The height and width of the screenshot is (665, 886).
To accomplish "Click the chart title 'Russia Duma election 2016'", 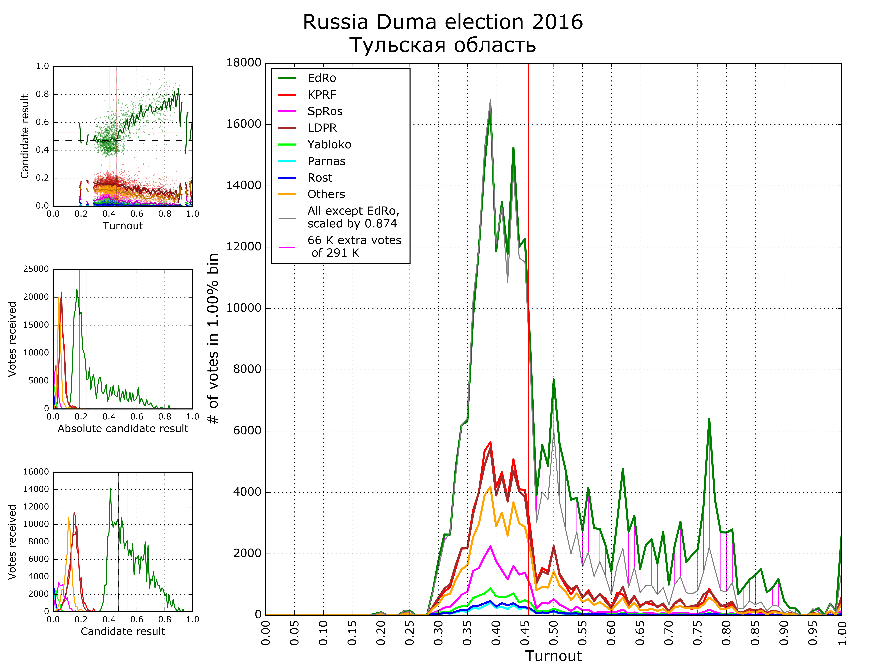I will click(443, 22).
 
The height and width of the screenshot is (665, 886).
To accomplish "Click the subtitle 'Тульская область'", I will click(443, 45).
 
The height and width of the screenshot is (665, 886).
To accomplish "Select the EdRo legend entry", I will click(322, 78).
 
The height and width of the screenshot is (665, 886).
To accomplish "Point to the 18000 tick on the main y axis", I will click(244, 63).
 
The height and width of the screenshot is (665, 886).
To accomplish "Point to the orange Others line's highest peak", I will click(490, 487).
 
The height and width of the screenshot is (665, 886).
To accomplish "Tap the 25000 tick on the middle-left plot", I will click(36, 269).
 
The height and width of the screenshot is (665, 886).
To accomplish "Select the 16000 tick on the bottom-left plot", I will click(36, 472).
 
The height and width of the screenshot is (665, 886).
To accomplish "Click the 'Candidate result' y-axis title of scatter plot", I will click(25, 136).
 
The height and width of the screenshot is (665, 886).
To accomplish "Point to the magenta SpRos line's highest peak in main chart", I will click(490, 546).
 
